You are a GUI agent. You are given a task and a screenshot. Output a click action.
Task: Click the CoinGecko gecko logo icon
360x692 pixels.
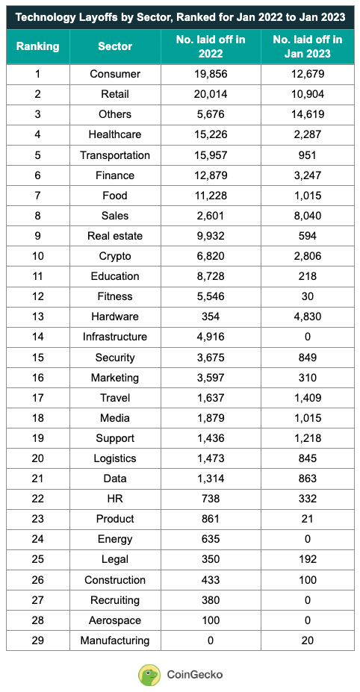[149, 674]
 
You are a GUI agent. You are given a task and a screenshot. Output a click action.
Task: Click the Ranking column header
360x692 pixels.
[37, 46]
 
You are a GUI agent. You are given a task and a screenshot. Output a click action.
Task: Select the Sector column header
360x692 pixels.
[114, 46]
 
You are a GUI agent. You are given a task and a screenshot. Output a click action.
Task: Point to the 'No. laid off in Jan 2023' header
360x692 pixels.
[307, 46]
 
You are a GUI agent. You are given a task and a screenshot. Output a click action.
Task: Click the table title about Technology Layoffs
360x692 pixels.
[179, 16]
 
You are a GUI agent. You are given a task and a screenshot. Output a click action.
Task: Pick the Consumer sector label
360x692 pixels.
[114, 74]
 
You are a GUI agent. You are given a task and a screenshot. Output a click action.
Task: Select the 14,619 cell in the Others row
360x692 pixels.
[307, 114]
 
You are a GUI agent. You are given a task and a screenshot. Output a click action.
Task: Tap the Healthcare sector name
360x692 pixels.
[114, 135]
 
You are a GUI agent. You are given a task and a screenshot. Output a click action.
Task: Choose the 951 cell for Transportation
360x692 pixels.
[307, 155]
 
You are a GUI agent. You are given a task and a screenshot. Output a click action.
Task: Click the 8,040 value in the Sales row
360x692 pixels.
[307, 216]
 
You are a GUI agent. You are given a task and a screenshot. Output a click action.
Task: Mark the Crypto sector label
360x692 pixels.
[114, 256]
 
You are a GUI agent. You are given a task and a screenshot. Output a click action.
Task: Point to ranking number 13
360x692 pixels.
[37, 317]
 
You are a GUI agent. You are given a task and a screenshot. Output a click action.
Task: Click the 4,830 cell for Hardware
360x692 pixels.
[307, 317]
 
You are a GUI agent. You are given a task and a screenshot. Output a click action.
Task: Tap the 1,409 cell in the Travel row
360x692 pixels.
[307, 398]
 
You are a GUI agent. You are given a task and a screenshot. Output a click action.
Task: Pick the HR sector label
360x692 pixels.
[114, 499]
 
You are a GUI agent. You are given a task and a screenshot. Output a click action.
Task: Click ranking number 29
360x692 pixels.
[37, 640]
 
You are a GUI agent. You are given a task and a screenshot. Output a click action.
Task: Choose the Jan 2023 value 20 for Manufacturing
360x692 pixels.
[307, 640]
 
